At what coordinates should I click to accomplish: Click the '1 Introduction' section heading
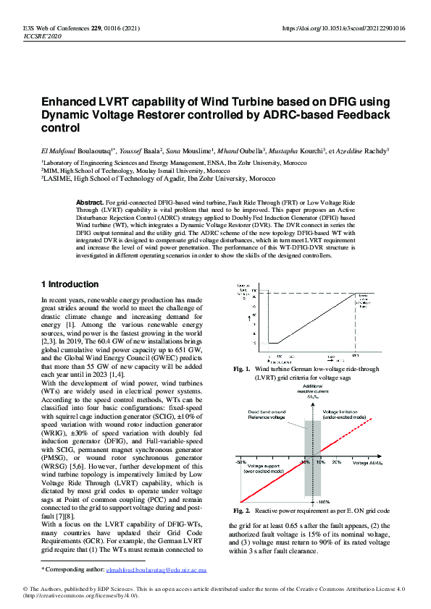pos(70,284)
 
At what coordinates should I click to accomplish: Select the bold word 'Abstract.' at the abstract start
pos(90,202)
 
